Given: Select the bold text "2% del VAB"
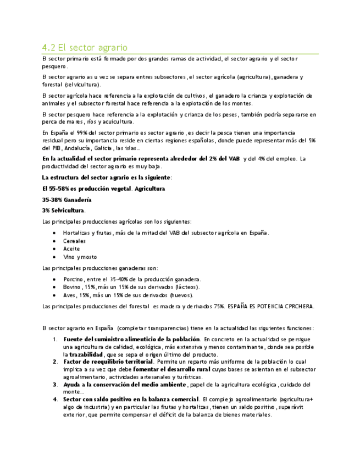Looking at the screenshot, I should (220, 159).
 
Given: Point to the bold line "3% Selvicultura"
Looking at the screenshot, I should (64, 210).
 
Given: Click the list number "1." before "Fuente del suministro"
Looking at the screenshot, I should (55, 339).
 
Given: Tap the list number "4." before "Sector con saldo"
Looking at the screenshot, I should (55, 399).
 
